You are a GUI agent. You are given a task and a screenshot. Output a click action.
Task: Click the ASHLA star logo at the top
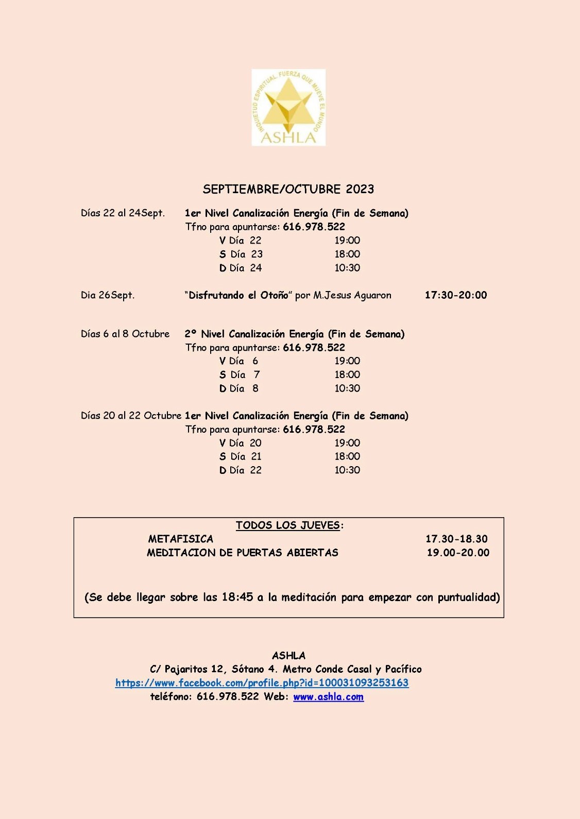[288, 107]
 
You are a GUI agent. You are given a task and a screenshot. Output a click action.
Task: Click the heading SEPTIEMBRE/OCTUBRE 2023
[288, 189]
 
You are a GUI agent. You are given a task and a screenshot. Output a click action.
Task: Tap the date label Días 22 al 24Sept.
[123, 213]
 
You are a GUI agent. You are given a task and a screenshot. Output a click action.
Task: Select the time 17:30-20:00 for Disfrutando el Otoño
[455, 295]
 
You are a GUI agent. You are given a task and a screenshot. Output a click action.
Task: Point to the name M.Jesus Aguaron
[352, 295]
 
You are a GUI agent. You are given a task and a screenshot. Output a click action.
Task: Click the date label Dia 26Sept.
[107, 295]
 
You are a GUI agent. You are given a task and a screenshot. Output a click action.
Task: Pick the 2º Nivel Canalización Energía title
[295, 334]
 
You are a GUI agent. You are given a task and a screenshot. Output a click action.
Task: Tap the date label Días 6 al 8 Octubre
[125, 334]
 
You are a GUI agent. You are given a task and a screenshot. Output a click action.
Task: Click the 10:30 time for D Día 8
[347, 388]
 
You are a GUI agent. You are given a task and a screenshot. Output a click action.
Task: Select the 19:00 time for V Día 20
[347, 443]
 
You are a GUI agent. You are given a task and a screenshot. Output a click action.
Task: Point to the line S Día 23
[241, 254]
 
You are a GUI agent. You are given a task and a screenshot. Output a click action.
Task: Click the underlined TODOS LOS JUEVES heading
[288, 525]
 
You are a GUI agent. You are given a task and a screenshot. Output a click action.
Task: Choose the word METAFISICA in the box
[181, 539]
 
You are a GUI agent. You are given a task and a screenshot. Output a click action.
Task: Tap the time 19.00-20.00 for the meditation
[458, 553]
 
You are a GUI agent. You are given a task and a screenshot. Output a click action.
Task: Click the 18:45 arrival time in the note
[237, 598]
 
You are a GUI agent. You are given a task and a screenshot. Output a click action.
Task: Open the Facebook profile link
[262, 683]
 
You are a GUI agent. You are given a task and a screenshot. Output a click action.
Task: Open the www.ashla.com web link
[328, 697]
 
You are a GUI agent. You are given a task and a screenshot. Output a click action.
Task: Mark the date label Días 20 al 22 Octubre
[131, 416]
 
